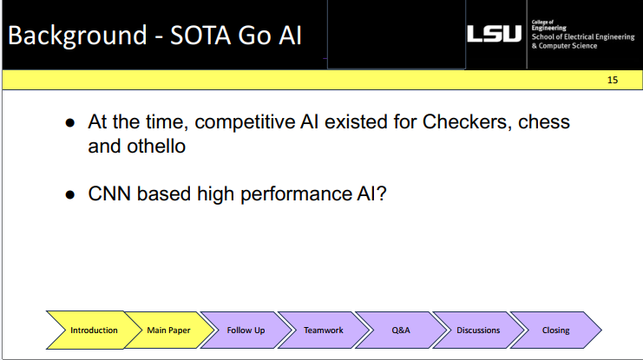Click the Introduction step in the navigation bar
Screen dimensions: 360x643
tap(94, 331)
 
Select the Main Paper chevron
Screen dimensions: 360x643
tap(168, 331)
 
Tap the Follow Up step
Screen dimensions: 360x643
tap(246, 331)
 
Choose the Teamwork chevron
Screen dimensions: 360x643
tap(323, 331)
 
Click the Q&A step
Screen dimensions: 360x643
tap(400, 331)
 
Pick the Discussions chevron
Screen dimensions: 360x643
tap(478, 331)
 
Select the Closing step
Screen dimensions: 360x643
tap(555, 331)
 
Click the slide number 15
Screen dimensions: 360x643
tap(613, 80)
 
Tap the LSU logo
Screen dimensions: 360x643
tap(495, 35)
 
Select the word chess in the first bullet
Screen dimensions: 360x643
tap(544, 121)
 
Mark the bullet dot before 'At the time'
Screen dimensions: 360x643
tap(72, 123)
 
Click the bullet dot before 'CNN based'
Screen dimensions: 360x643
tap(72, 195)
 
